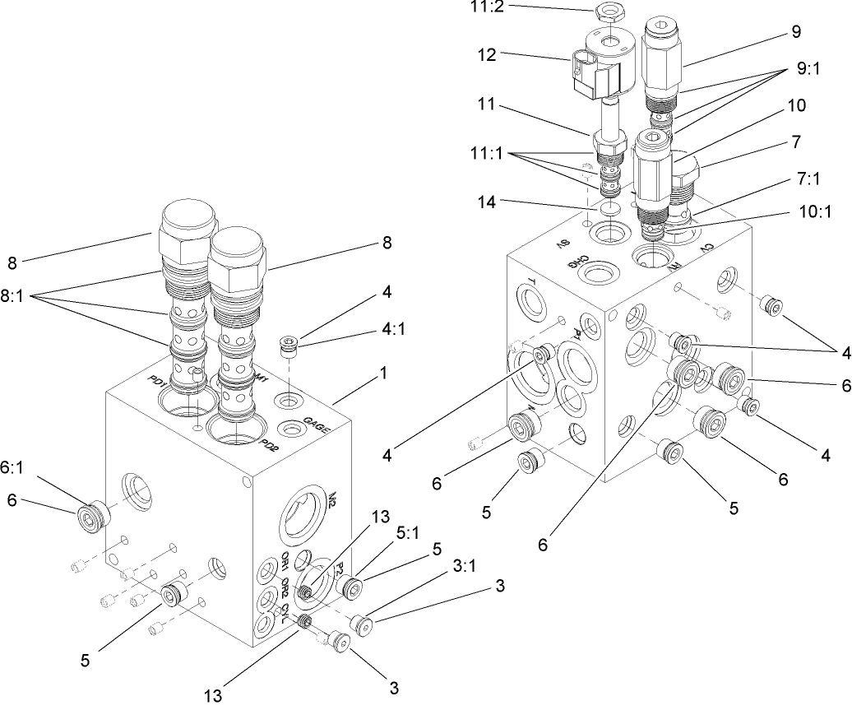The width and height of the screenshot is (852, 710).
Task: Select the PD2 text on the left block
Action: pos(268,444)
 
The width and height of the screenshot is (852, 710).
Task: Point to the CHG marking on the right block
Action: pos(581,262)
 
